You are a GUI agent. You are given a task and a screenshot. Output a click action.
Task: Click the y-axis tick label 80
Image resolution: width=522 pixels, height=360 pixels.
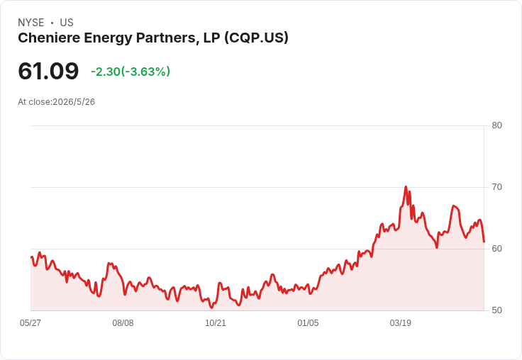496,125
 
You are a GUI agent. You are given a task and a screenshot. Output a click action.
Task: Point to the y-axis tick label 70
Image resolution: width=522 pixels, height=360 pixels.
496,187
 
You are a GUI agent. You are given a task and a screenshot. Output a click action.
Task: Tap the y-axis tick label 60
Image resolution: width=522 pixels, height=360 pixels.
496,249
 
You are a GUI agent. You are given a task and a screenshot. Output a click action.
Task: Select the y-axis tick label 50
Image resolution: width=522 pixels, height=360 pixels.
496,310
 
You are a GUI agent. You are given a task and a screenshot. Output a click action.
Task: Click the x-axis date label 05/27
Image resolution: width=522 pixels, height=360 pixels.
30,322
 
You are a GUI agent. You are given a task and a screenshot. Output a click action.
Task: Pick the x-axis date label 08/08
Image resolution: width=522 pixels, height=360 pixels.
123,322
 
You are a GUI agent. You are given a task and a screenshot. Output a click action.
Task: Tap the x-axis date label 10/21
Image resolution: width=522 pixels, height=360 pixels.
216,322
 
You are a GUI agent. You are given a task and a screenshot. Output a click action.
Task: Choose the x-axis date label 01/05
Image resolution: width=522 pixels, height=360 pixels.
308,322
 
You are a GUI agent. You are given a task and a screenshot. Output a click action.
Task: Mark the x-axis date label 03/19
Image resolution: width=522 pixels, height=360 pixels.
401,322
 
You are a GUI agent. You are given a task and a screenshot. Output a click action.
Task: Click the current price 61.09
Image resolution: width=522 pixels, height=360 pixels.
48,71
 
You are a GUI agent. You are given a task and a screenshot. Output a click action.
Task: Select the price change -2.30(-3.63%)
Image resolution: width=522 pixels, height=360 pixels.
130,72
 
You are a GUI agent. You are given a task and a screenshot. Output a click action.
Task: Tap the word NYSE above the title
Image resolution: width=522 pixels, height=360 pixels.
31,23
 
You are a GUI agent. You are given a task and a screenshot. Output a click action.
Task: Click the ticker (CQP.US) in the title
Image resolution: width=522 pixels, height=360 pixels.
256,38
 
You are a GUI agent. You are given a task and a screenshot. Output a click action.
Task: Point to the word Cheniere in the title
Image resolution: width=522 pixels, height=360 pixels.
49,38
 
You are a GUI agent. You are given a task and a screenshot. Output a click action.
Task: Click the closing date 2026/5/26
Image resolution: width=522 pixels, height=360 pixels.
74,102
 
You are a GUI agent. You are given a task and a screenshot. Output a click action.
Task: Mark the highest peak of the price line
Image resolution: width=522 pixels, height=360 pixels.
406,186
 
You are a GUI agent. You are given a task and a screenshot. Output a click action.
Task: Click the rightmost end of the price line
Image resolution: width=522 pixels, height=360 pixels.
484,242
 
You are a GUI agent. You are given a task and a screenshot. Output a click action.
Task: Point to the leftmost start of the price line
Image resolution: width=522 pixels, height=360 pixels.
31,257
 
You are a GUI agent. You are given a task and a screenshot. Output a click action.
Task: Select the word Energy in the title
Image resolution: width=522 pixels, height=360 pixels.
109,38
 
